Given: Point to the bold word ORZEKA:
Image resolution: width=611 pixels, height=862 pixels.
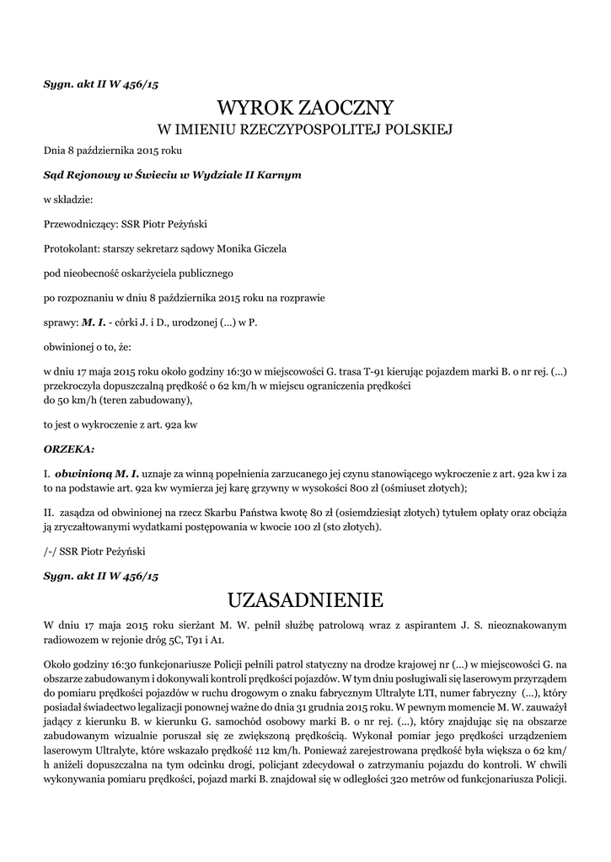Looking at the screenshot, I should [x=69, y=448].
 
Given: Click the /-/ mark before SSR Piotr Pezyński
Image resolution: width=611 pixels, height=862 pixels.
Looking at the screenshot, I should [x=51, y=551].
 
